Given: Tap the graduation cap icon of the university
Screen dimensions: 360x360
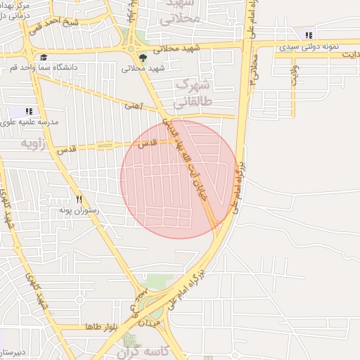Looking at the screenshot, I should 43,58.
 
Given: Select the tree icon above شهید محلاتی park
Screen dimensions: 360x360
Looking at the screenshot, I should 144,58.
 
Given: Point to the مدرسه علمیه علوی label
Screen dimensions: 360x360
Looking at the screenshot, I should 30,122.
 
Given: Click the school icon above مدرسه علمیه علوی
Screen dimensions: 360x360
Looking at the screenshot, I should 29,110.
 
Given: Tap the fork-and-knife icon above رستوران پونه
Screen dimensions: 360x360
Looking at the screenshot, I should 79,199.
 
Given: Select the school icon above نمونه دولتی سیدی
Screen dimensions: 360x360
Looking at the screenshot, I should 309,35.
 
